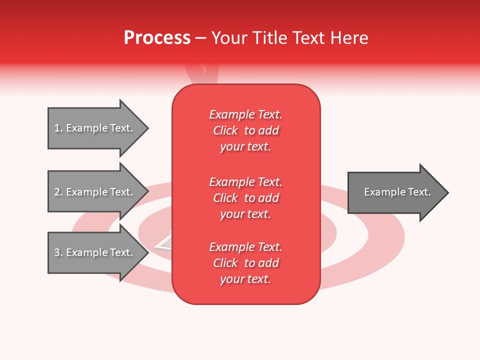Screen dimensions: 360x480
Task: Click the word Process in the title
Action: [157, 38]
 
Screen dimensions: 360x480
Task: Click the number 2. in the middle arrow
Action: [58, 192]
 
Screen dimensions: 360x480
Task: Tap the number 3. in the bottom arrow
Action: [58, 252]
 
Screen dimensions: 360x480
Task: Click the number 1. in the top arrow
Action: [58, 128]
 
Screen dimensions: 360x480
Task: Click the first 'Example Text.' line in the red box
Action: [245, 114]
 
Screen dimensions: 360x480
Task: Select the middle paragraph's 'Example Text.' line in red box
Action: [245, 181]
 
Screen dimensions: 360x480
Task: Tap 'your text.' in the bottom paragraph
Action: [245, 279]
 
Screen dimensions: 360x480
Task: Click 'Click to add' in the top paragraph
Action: [245, 130]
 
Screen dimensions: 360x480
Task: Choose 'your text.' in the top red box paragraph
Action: [245, 146]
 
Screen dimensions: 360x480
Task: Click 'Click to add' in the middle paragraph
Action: [245, 198]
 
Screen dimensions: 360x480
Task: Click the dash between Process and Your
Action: [200, 38]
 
